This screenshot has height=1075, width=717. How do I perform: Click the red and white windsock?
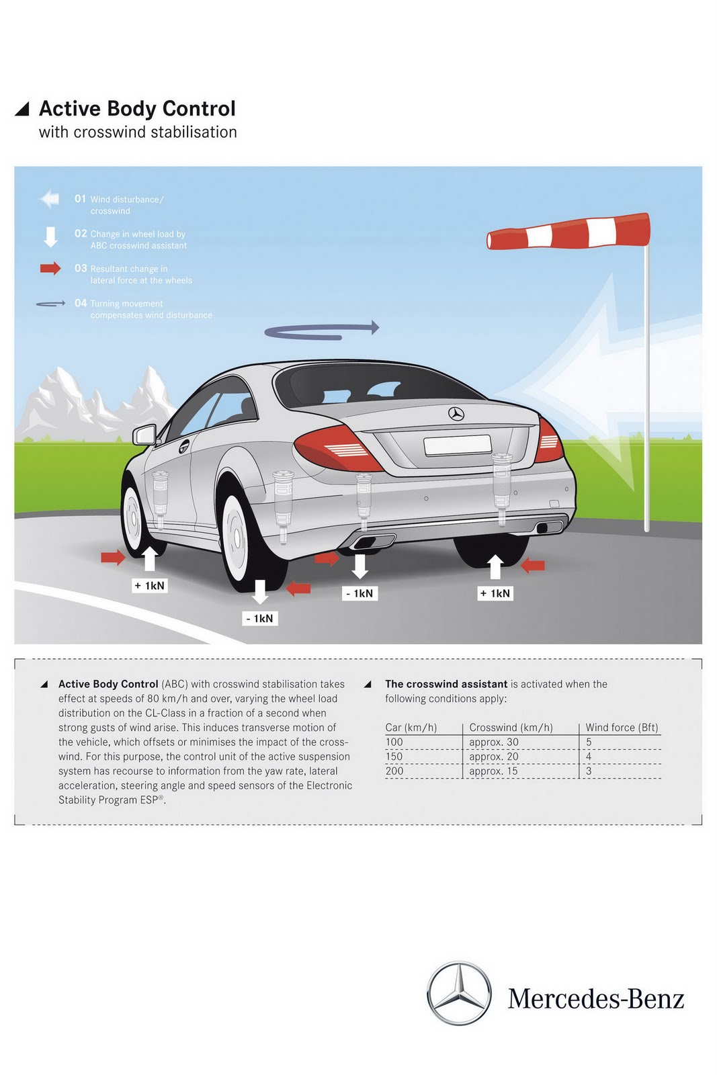tap(568, 231)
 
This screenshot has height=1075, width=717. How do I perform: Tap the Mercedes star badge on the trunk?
tap(456, 414)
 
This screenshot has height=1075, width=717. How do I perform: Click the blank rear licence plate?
tap(457, 445)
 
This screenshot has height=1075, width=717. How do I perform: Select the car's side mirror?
tap(144, 435)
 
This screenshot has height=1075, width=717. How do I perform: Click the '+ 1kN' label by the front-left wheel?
tap(149, 586)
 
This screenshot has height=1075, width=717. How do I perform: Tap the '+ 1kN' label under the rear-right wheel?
tap(495, 593)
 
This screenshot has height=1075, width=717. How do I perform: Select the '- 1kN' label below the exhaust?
tap(360, 593)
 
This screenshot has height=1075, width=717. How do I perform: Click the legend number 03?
tap(81, 268)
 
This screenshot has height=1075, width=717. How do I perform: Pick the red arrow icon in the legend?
tap(50, 269)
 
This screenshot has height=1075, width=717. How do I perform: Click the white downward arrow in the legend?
tap(50, 236)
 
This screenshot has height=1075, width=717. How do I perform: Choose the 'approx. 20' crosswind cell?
tap(494, 757)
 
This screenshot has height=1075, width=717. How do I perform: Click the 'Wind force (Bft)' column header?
tap(622, 728)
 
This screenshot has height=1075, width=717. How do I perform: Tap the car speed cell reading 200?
tap(394, 771)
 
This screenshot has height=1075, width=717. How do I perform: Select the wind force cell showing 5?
tap(589, 742)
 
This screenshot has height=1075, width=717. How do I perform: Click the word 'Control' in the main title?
tap(199, 109)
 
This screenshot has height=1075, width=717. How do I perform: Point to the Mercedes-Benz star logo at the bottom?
tap(460, 993)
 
